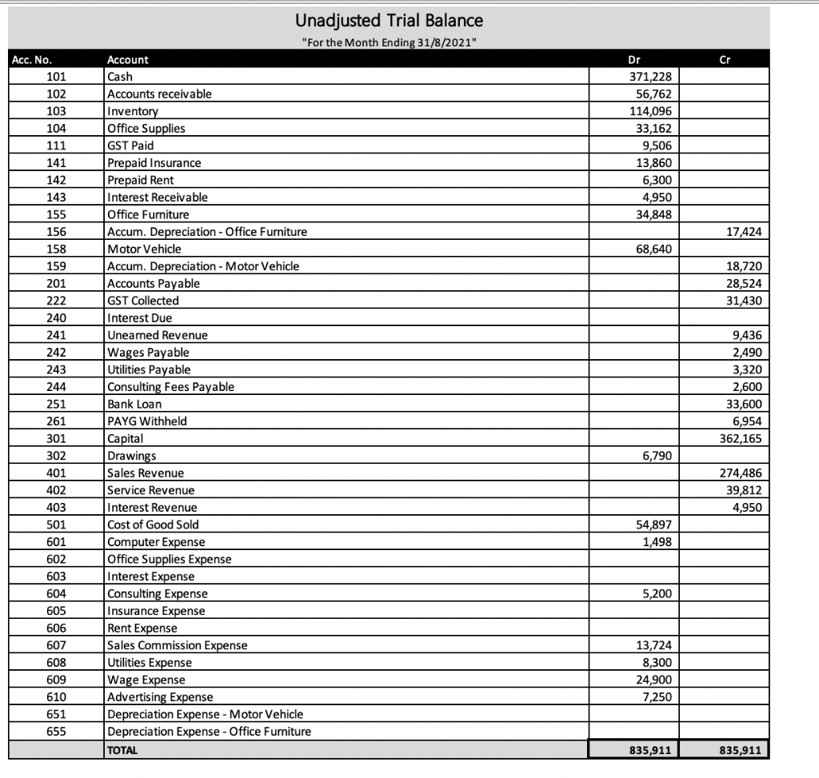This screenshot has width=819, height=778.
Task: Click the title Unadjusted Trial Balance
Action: [389, 19]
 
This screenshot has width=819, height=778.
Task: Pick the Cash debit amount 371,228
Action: [653, 77]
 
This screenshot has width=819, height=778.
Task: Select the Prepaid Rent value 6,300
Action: [661, 180]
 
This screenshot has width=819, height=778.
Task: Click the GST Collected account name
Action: [143, 301]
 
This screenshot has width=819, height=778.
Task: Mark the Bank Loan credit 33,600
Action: [746, 404]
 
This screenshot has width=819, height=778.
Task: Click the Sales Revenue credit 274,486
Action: [743, 473]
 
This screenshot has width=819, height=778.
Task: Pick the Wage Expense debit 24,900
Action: [657, 680]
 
